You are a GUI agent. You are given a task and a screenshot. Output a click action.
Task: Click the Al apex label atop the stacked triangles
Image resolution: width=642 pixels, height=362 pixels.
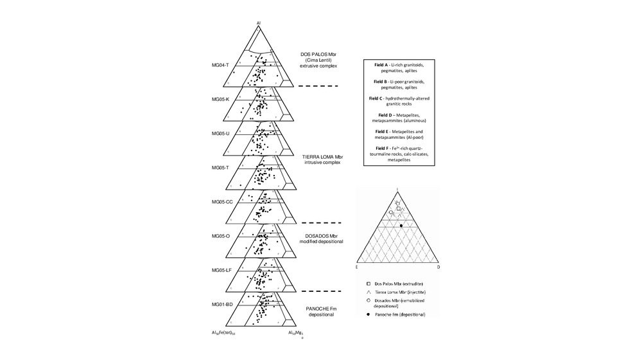coord(259,23)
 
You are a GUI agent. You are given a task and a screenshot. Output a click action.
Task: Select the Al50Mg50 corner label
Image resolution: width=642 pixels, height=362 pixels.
coord(295,333)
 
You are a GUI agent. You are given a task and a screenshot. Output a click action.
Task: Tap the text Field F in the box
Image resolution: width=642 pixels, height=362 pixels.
coord(384,148)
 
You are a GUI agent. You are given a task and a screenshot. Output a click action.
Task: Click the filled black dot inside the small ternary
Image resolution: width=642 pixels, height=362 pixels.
coord(401,226)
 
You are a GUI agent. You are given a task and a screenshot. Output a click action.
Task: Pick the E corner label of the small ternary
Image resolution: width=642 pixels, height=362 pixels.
coord(356,266)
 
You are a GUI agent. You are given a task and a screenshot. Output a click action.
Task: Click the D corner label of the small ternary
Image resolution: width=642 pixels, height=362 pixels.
coord(439,266)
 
